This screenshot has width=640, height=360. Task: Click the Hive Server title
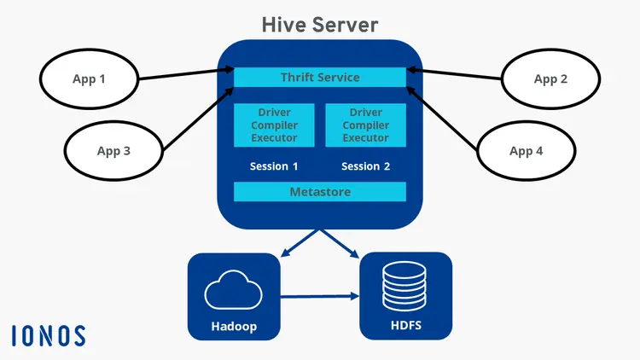319,24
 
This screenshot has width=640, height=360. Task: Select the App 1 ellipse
90,79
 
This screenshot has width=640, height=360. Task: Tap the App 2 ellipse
550,79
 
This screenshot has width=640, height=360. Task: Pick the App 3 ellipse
113,151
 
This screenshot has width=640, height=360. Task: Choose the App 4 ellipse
526,151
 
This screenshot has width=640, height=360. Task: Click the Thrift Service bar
320,78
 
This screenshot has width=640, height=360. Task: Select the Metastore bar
320,192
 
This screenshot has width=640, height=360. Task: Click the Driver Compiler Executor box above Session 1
274,125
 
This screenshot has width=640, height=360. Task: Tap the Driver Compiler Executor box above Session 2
365,125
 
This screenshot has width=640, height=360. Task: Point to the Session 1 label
274,166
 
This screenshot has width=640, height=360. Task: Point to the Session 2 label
365,166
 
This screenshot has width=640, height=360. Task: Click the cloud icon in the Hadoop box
234,291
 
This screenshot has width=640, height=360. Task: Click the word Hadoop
234,326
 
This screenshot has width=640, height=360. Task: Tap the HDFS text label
405,326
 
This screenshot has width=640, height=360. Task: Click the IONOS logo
49,335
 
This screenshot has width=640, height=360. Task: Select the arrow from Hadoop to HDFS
320,297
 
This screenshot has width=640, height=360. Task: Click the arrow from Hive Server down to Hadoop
300,242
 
